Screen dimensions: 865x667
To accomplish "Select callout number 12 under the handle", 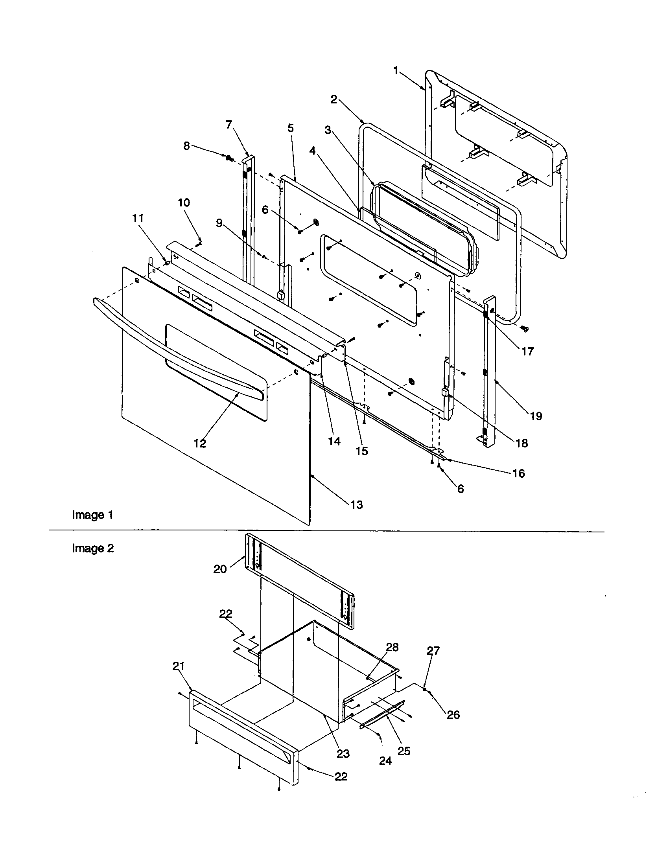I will point(200,444).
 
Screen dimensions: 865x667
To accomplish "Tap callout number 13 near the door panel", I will point(356,504).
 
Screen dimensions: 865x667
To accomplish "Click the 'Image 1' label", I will point(93,515).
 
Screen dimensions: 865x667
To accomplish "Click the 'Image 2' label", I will point(93,548).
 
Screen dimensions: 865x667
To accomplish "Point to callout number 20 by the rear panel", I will point(220,569).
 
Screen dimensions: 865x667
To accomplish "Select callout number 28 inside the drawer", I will point(392,647).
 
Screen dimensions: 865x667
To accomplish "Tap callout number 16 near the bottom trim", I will point(518,473).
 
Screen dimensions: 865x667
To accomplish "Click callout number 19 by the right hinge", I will point(536,416).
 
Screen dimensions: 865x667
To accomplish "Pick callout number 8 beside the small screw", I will point(186,146).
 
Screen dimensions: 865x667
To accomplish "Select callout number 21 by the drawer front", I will point(179,666).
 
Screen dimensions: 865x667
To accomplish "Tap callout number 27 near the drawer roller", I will point(433,651).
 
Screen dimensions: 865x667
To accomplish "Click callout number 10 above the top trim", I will point(184,203).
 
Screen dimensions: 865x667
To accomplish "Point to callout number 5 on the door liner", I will point(291,128).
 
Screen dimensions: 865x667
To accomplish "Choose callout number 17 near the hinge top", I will point(527,351).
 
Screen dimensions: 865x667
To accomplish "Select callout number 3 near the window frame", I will point(328,130).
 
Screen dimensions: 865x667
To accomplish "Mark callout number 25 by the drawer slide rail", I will point(404,751).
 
